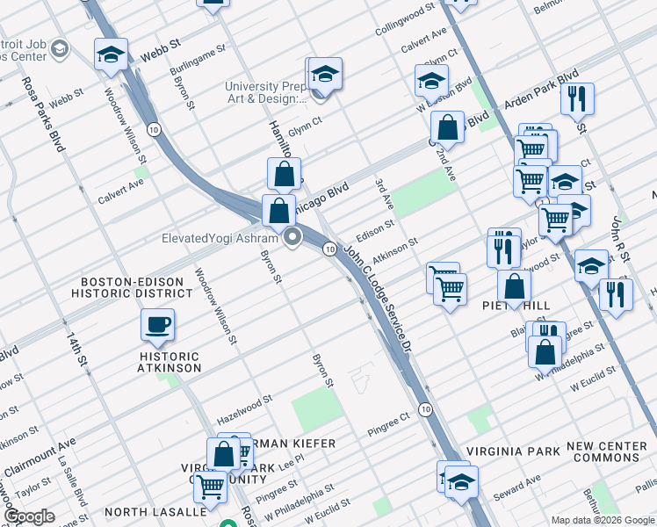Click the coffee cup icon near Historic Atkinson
[x=157, y=326]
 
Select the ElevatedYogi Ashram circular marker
[x=292, y=236]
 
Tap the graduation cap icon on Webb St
[x=112, y=55]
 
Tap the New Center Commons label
[x=607, y=452]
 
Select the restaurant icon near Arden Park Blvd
[x=577, y=100]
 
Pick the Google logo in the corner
[x=28, y=516]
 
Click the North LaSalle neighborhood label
[x=155, y=511]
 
